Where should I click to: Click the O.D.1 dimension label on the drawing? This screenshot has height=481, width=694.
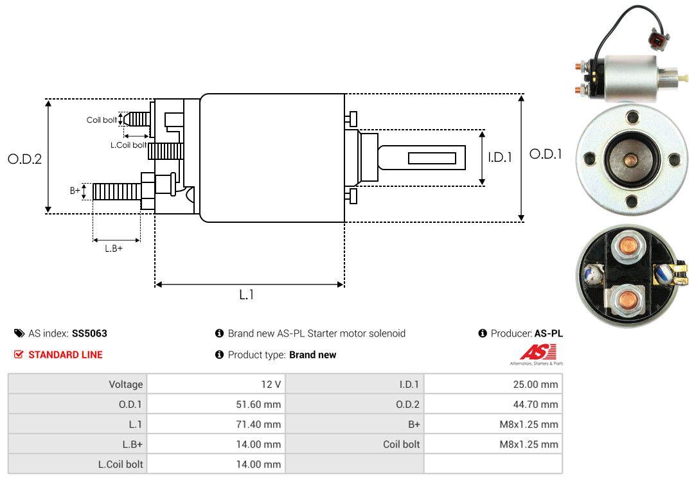pyautogui.click(x=545, y=154)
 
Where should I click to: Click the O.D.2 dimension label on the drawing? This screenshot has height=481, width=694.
pyautogui.click(x=24, y=159)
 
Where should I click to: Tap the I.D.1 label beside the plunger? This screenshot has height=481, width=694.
pyautogui.click(x=499, y=157)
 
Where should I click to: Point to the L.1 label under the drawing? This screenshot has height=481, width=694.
pyautogui.click(x=247, y=295)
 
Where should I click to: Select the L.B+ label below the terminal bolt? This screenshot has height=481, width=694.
pyautogui.click(x=114, y=248)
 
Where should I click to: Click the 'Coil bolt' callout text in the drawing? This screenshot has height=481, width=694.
pyautogui.click(x=102, y=120)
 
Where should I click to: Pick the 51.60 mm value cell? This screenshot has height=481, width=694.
pyautogui.click(x=216, y=405)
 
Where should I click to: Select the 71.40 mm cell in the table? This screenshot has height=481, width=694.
pyautogui.click(x=216, y=424)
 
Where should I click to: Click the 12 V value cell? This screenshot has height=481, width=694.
pyautogui.click(x=216, y=385)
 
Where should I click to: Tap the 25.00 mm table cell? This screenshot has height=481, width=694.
pyautogui.click(x=493, y=385)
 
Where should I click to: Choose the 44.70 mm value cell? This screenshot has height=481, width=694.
pyautogui.click(x=493, y=405)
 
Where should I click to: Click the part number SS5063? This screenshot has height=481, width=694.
pyautogui.click(x=89, y=333)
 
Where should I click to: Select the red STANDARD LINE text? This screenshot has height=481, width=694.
pyautogui.click(x=65, y=354)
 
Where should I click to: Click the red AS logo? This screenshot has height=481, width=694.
pyautogui.click(x=537, y=353)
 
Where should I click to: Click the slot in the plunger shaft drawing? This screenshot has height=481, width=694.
pyautogui.click(x=432, y=158)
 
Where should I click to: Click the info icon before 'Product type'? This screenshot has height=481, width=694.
pyautogui.click(x=219, y=354)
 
